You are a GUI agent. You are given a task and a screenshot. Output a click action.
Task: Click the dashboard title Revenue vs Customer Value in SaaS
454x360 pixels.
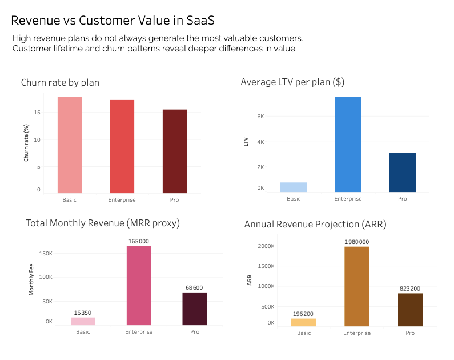[113, 21]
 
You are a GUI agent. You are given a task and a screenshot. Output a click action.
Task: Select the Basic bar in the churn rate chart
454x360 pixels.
[69, 145]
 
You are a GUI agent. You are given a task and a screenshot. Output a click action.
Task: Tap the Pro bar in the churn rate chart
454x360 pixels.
[174, 151]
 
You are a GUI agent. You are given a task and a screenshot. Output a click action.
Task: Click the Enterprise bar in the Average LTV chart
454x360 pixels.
[348, 144]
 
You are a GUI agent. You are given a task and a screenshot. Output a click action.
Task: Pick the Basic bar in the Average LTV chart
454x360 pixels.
[293, 187]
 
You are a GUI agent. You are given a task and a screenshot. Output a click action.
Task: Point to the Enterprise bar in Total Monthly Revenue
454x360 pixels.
[139, 286]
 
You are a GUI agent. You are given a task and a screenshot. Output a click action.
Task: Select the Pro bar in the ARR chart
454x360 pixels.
[410, 310]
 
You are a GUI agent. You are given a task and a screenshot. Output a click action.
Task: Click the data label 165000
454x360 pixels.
[139, 241]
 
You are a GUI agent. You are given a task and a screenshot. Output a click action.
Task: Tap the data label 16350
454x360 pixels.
[83, 313]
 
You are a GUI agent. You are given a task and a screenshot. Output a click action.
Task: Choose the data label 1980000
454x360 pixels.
[356, 242]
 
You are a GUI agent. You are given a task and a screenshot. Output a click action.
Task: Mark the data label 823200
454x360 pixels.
[410, 289]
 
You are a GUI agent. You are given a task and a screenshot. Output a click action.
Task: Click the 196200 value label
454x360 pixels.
[303, 314]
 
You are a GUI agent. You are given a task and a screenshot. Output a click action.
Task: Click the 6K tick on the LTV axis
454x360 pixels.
[260, 116]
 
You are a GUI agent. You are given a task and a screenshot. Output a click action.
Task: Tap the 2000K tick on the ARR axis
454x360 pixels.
[266, 246]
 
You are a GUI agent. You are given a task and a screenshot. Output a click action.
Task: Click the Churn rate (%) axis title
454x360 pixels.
[26, 142]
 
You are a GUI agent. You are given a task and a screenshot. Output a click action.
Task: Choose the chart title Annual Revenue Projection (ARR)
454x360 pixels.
[315, 225]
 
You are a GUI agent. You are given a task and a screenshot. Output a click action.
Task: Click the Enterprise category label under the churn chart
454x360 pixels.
[121, 200]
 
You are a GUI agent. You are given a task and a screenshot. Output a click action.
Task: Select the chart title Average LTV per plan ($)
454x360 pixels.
[292, 82]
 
